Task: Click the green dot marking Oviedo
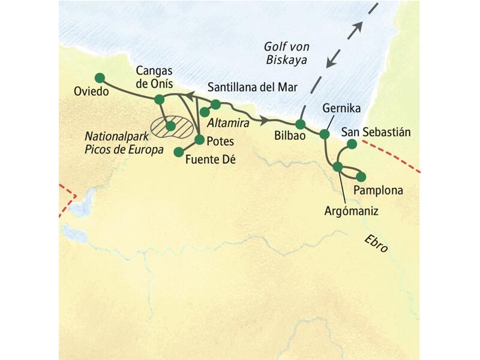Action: (x=100, y=77)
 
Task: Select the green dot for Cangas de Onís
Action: (x=159, y=99)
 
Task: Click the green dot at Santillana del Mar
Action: (x=216, y=104)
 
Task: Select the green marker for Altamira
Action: (x=205, y=112)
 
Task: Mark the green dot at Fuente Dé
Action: (x=178, y=152)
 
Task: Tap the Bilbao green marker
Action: (x=301, y=124)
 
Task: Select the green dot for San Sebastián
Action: (x=352, y=144)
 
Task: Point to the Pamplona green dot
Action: (x=361, y=176)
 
